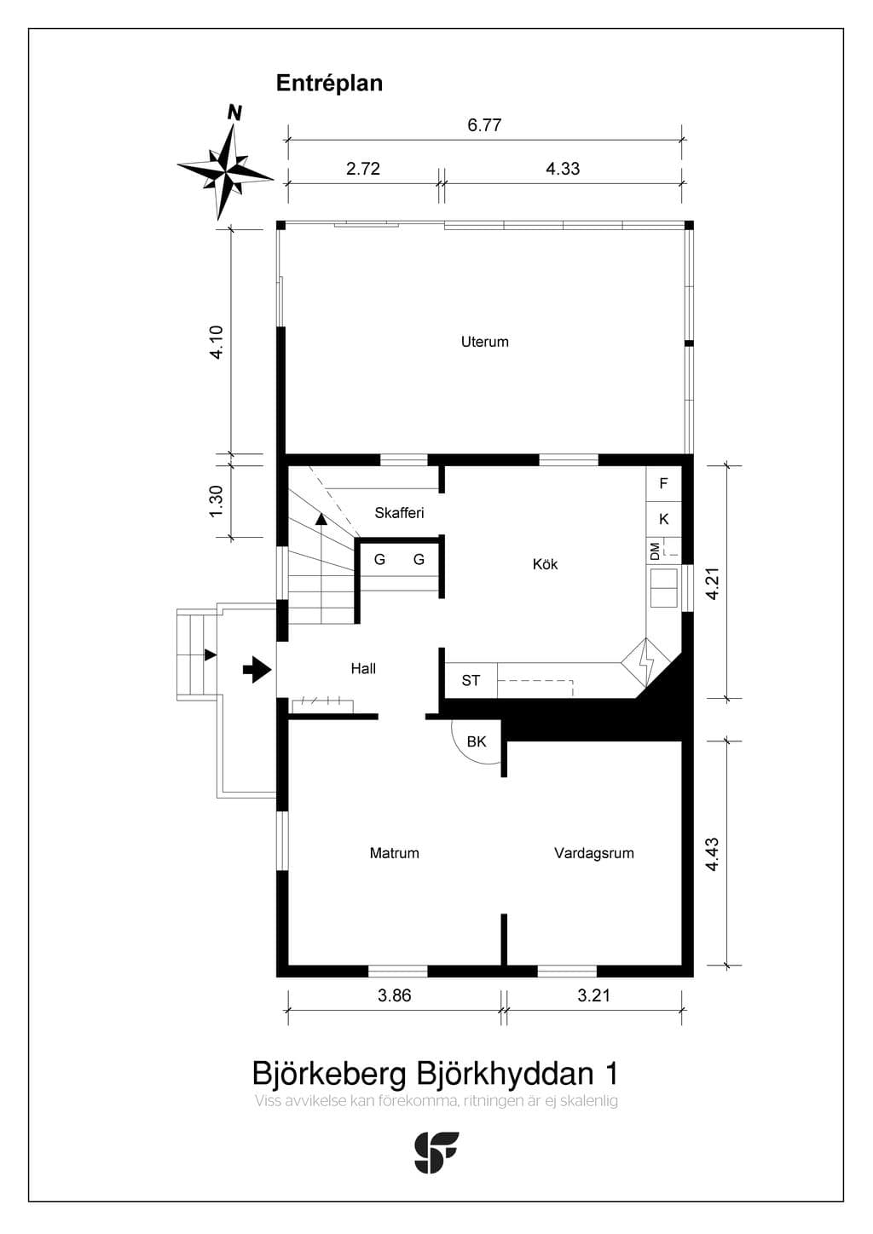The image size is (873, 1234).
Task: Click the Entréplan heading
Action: [x=329, y=84]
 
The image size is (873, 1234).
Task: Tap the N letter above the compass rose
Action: [x=234, y=113]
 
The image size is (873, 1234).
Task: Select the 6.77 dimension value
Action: [x=484, y=125]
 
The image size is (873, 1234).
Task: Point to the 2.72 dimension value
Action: [x=363, y=169]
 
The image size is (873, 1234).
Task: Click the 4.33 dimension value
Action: [x=563, y=169]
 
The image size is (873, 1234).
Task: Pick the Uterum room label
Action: [x=484, y=342]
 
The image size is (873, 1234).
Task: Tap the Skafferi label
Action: [x=399, y=513]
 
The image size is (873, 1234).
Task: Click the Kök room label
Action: [x=545, y=564]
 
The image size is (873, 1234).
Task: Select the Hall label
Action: [x=363, y=669]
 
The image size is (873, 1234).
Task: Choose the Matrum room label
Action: [x=394, y=853]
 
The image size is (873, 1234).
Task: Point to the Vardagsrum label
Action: [x=593, y=853]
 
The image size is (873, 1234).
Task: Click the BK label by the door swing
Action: [x=477, y=741]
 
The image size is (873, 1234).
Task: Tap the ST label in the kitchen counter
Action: [x=470, y=681]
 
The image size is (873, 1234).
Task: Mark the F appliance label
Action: [x=663, y=483]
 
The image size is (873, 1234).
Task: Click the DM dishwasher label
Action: [x=655, y=551]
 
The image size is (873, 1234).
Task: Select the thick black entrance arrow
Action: [x=257, y=669]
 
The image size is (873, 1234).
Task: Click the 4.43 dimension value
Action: [x=712, y=854]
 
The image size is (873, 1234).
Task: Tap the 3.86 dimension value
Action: [x=394, y=995]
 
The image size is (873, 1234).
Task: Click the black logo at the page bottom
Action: [x=436, y=1152]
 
